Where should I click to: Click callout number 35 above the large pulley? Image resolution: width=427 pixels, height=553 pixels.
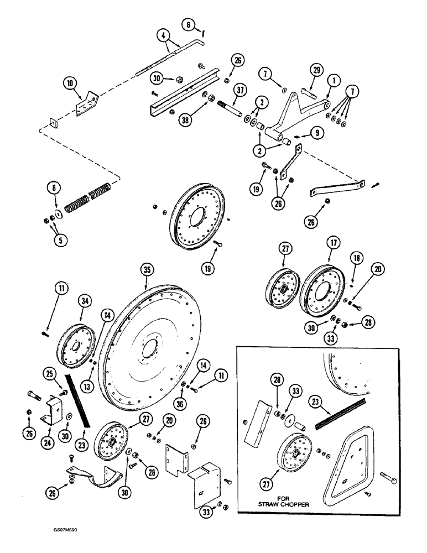click(146, 270)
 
